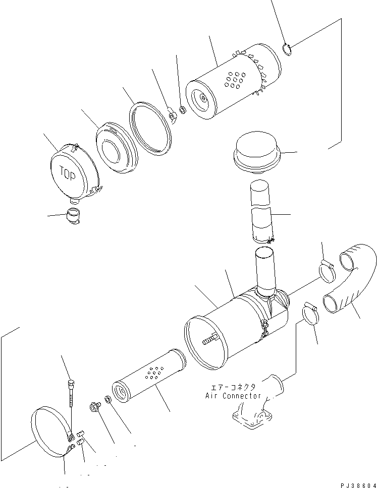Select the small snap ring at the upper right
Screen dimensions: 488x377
click(x=288, y=49)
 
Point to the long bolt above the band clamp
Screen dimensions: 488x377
click(x=71, y=393)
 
